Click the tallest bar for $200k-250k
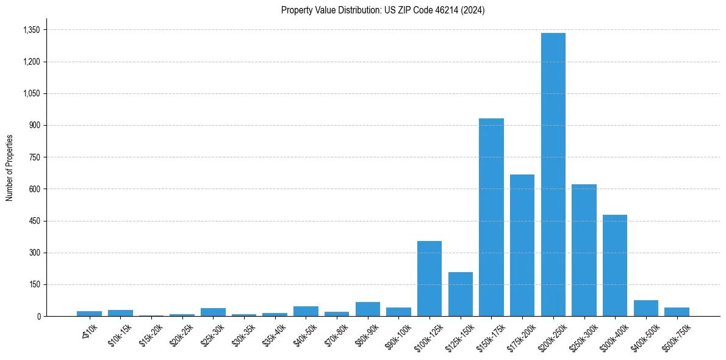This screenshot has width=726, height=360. point(553,175)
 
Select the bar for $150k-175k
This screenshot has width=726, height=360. point(491,217)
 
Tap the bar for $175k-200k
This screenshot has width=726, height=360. point(522,245)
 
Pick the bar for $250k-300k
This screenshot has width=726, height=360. point(584,250)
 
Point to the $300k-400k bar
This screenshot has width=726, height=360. point(615,265)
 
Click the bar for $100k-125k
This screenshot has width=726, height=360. point(429,279)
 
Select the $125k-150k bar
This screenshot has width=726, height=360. point(461,294)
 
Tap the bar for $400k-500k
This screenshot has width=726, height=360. point(646,308)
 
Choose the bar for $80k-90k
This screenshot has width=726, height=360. point(368,309)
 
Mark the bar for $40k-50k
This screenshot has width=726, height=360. point(306,311)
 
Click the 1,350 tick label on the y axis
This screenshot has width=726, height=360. point(31,30)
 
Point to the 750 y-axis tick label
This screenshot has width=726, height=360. point(35,157)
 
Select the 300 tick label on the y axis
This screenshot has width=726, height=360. point(35,253)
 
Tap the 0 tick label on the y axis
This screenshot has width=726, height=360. point(38,316)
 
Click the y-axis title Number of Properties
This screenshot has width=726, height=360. point(9,167)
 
